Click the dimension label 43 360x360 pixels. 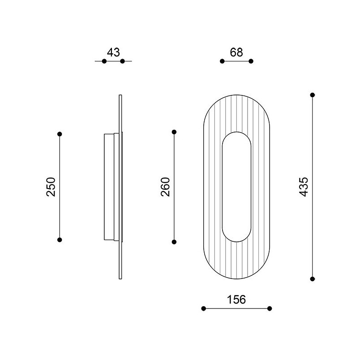pyautogui.click(x=113, y=52)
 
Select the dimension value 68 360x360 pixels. pyautogui.click(x=236, y=52)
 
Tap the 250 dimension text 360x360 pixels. pyautogui.click(x=51, y=187)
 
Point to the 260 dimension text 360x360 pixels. pyautogui.click(x=165, y=187)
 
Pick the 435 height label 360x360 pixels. pyautogui.click(x=304, y=187)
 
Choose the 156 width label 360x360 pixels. pyautogui.click(x=236, y=300)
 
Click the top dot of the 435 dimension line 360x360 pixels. pyautogui.click(x=313, y=95)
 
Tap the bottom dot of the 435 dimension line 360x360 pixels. pyautogui.click(x=313, y=279)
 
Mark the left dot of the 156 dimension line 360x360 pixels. pyautogui.click(x=204, y=309)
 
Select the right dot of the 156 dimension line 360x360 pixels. pyautogui.click(x=270, y=309)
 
